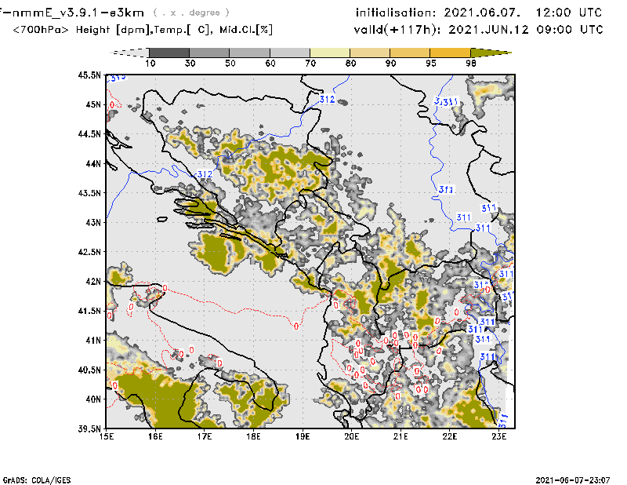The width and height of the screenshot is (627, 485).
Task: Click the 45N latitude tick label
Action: [93, 104]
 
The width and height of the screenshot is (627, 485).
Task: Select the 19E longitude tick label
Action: [303, 436]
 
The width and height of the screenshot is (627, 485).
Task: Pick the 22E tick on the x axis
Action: [449, 436]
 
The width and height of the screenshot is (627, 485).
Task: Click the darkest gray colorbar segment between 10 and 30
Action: [168, 52]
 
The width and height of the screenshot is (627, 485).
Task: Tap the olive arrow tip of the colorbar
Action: [502, 52]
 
